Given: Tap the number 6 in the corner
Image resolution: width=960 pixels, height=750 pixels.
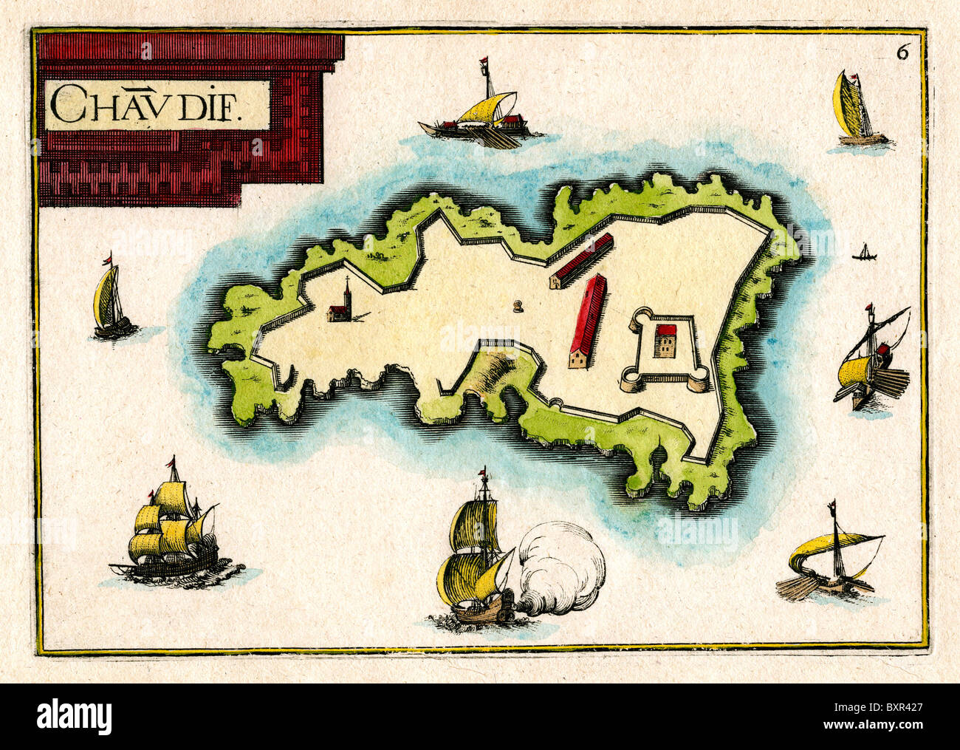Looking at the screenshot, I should pyautogui.click(x=902, y=52).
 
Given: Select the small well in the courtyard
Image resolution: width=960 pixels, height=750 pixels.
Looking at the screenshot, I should pyautogui.click(x=518, y=305).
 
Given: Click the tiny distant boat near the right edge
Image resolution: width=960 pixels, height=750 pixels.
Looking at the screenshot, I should pyautogui.click(x=863, y=255).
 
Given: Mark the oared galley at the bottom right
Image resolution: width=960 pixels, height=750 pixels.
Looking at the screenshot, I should pyautogui.click(x=832, y=562).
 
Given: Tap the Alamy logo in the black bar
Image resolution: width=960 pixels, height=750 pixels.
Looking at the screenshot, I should pyautogui.click(x=75, y=716).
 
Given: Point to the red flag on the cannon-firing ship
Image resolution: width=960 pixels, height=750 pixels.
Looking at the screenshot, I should pyautogui.click(x=483, y=472).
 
